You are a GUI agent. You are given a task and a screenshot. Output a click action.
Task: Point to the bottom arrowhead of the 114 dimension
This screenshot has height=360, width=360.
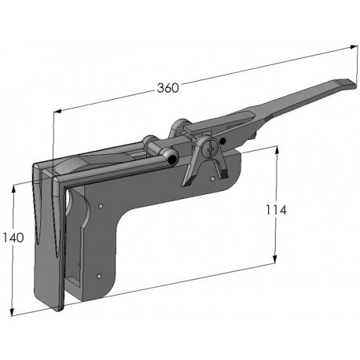[x=275, y=265]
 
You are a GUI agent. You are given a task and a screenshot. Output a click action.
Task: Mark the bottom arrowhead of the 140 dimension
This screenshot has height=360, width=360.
[x=15, y=312]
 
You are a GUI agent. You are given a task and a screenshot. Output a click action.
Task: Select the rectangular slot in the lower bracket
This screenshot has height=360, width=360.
[x=72, y=276]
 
